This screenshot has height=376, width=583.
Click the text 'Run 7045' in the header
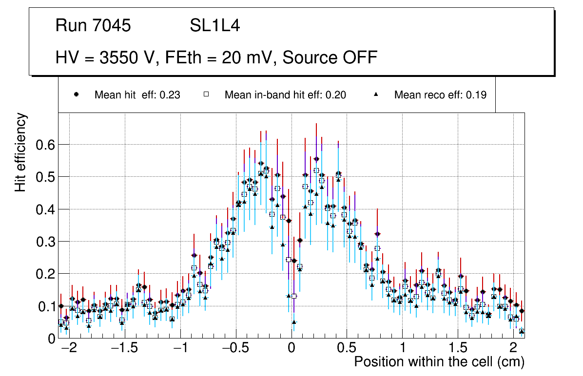93,26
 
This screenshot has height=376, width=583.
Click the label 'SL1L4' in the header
215,26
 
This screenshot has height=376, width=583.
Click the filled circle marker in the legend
76,95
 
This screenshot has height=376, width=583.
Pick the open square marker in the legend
206,95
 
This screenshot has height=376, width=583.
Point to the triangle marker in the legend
376,95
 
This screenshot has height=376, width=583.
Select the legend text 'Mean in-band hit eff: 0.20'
285,95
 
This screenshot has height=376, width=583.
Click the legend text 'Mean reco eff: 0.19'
440,95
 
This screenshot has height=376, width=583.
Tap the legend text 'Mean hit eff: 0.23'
137,95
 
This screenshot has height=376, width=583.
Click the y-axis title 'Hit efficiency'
21,152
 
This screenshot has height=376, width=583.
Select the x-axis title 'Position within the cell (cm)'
439,362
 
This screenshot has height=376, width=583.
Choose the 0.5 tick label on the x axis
347,349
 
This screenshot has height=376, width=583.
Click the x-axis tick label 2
513,349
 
